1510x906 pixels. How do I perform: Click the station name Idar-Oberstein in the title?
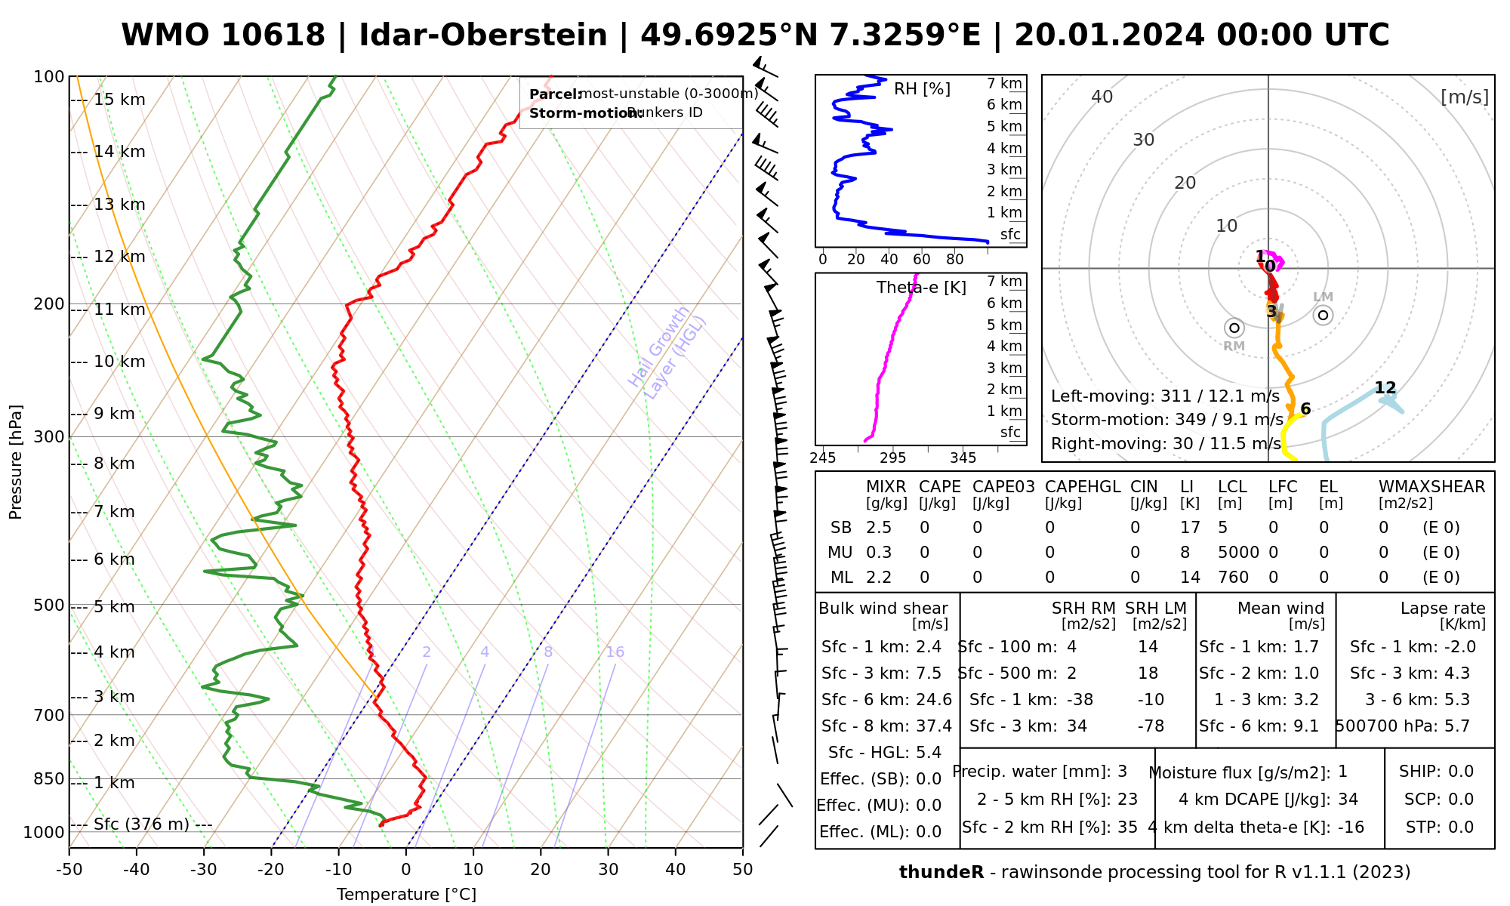pyautogui.click(x=483, y=35)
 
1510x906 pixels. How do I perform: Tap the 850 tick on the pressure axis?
pyautogui.click(x=50, y=778)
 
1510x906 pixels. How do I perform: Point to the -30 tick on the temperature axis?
pyautogui.click(x=203, y=870)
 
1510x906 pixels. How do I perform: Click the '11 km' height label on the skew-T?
pyautogui.click(x=119, y=310)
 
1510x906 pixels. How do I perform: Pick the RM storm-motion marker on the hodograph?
pyautogui.click(x=1234, y=328)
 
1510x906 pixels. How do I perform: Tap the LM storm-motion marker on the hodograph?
pyautogui.click(x=1323, y=315)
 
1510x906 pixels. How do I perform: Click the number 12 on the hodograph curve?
pyautogui.click(x=1385, y=388)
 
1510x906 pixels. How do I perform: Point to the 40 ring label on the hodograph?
pyautogui.click(x=1102, y=97)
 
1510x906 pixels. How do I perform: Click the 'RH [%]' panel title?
pyautogui.click(x=922, y=89)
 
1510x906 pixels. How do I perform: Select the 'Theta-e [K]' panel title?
pyautogui.click(x=921, y=288)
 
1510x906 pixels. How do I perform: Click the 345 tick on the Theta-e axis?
pyautogui.click(x=963, y=458)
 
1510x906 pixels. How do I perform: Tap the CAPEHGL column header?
pyautogui.click(x=1083, y=487)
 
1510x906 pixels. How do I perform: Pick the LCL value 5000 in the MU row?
pyautogui.click(x=1238, y=553)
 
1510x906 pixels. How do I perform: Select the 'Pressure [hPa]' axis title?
pyautogui.click(x=16, y=462)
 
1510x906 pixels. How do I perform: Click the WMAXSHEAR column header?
pyautogui.click(x=1431, y=487)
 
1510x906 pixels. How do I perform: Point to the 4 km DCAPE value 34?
pyautogui.click(x=1348, y=800)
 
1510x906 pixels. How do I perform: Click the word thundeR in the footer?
pyautogui.click(x=941, y=873)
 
